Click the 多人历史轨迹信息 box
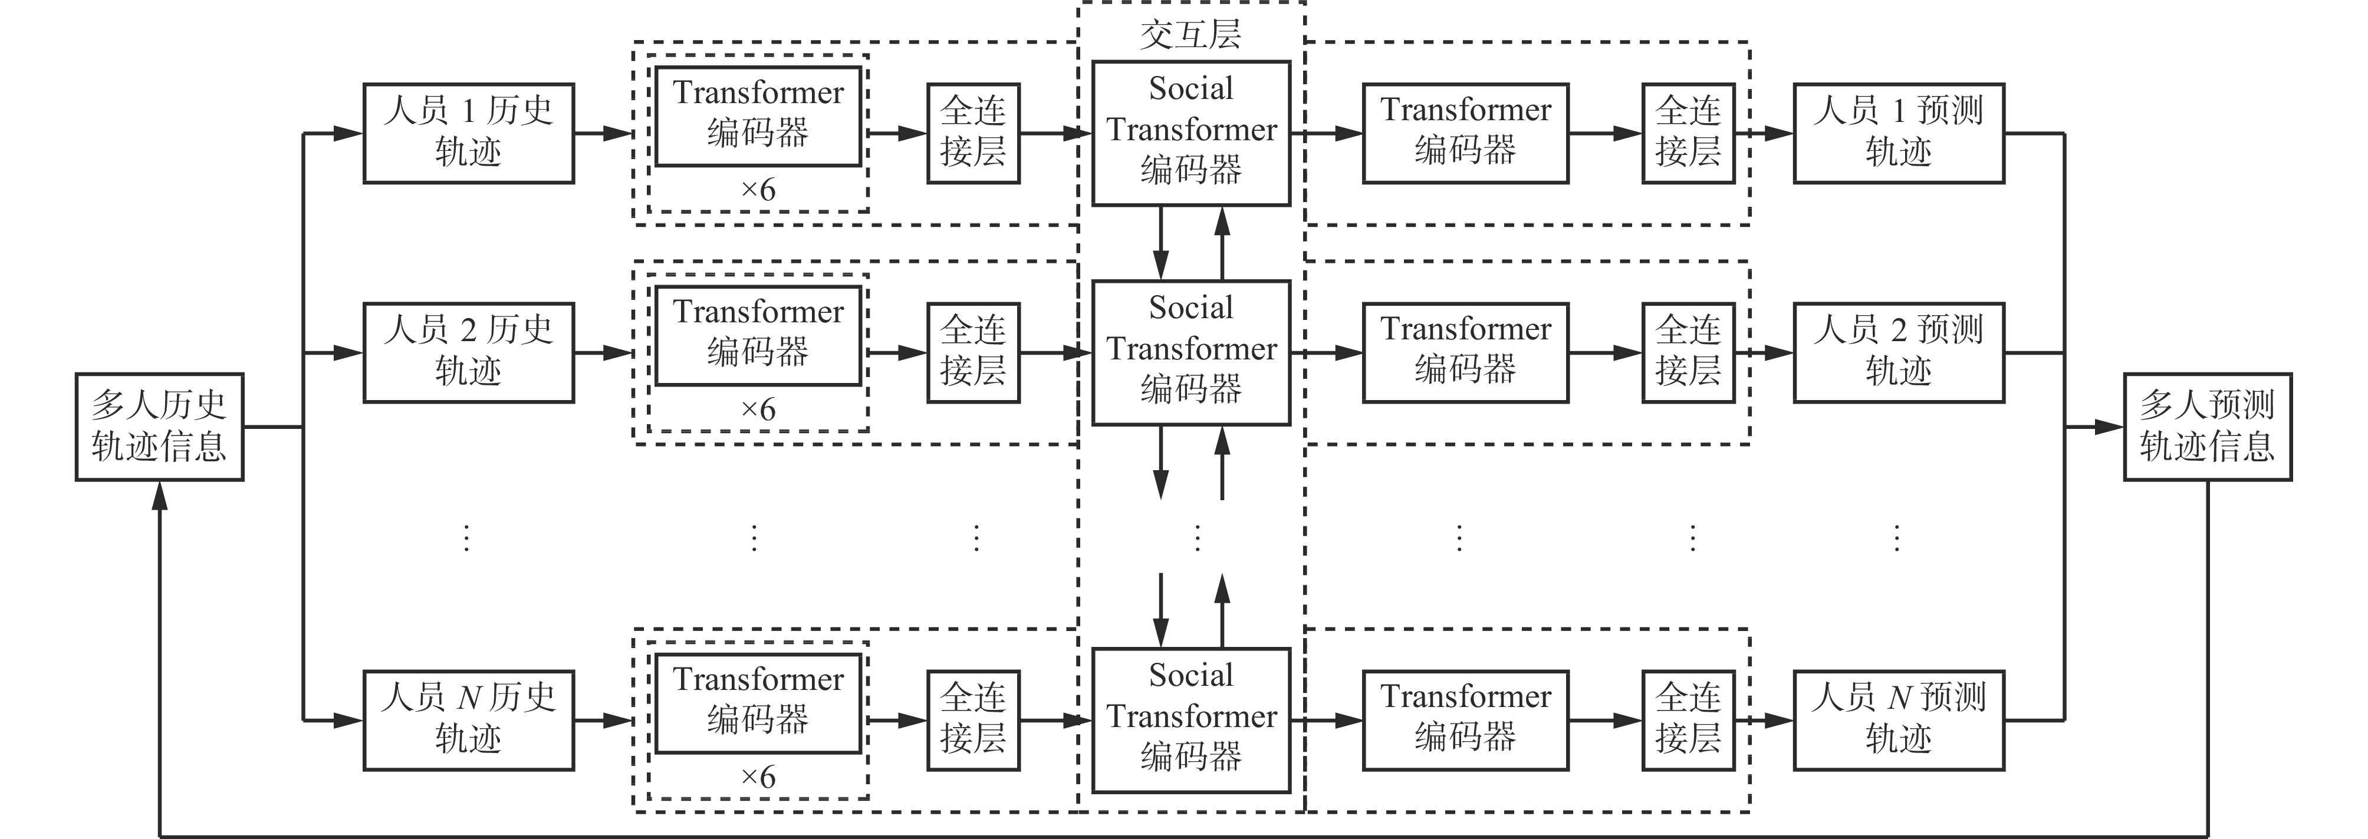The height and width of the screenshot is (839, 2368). [x=159, y=427]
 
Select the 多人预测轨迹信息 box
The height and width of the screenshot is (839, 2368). [x=2207, y=427]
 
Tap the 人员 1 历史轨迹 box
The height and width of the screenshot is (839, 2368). [x=469, y=133]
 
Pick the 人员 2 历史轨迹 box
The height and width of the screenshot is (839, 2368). [x=469, y=352]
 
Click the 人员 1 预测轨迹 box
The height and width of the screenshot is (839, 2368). [x=1898, y=133]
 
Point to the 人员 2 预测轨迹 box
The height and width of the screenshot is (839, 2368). [x=1898, y=352]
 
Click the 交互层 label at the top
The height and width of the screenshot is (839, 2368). [x=1190, y=35]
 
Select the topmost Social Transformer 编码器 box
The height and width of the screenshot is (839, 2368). [x=1190, y=133]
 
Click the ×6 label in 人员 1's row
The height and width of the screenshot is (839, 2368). [x=758, y=190]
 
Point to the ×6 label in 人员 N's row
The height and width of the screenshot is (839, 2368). [x=758, y=778]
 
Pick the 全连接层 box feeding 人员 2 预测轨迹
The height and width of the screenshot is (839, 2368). [x=1688, y=352]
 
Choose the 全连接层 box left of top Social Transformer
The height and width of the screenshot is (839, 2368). [x=972, y=133]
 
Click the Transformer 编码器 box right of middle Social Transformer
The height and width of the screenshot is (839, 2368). [x=1465, y=352]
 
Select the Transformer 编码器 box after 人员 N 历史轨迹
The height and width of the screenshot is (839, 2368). [x=758, y=703]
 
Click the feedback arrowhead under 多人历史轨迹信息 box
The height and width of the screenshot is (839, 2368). [x=160, y=496]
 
